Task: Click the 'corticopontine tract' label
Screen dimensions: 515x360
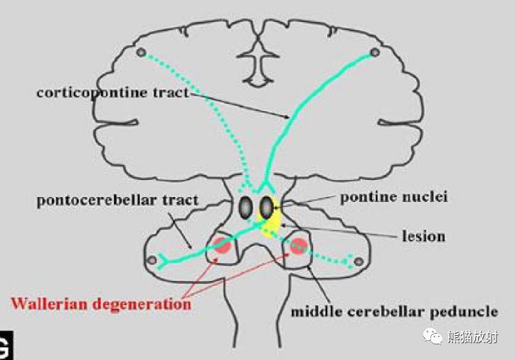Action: pyautogui.click(x=113, y=93)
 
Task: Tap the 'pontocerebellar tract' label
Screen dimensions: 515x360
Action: pyautogui.click(x=117, y=201)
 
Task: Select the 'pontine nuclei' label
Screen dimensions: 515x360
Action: pyautogui.click(x=394, y=197)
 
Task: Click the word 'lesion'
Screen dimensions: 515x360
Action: pyautogui.click(x=424, y=235)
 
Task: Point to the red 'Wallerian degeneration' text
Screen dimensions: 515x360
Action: pyautogui.click(x=101, y=305)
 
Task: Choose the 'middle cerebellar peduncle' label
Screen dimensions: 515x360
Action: pyautogui.click(x=395, y=312)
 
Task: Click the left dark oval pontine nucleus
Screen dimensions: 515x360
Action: pyautogui.click(x=245, y=208)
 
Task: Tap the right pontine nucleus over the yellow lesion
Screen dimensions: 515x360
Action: pyautogui.click(x=266, y=207)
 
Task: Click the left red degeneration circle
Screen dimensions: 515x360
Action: pyautogui.click(x=223, y=245)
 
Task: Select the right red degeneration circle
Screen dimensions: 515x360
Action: pyautogui.click(x=299, y=246)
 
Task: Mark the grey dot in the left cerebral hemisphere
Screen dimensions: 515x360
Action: pyautogui.click(x=142, y=52)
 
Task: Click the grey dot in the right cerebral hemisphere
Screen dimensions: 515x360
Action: pyautogui.click(x=375, y=52)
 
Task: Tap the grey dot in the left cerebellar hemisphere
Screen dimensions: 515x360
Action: pyautogui.click(x=152, y=260)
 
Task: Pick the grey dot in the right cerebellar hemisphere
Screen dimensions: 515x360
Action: pyautogui.click(x=359, y=262)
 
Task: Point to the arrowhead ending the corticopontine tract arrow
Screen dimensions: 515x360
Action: pyautogui.click(x=287, y=117)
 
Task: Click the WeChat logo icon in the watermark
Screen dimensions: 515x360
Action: pyautogui.click(x=432, y=337)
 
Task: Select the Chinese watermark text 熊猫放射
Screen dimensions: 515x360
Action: pyautogui.click(x=472, y=337)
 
